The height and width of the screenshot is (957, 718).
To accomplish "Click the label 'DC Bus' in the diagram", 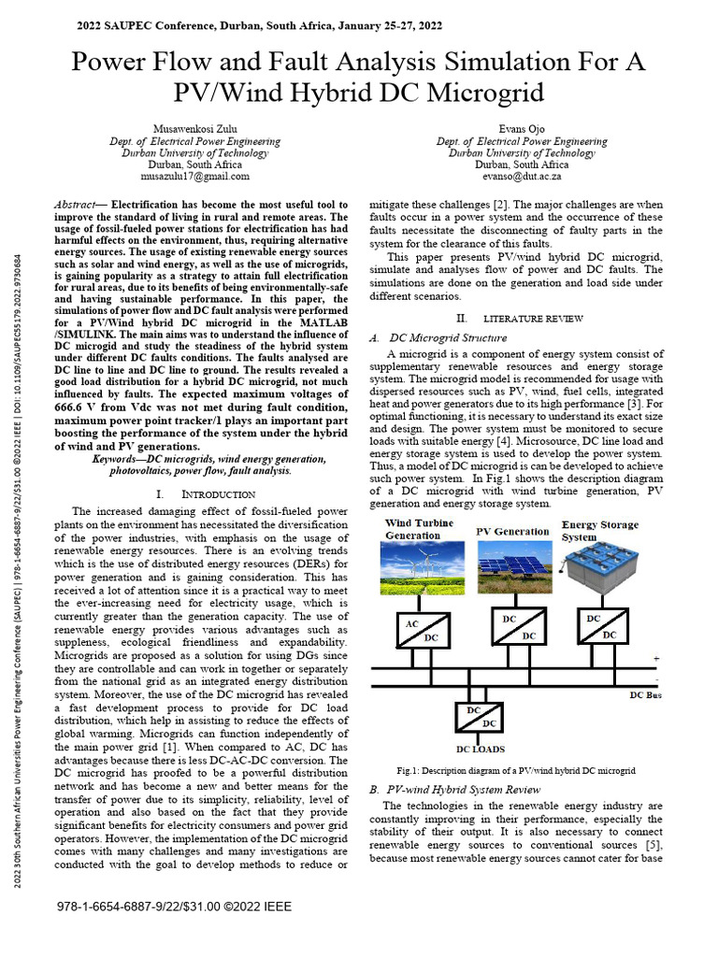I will click(645, 694).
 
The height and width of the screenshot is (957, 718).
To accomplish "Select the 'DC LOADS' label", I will click(480, 749).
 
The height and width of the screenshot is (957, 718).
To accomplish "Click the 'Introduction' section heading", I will click(208, 493).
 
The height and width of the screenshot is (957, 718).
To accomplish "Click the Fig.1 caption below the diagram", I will click(516, 770).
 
